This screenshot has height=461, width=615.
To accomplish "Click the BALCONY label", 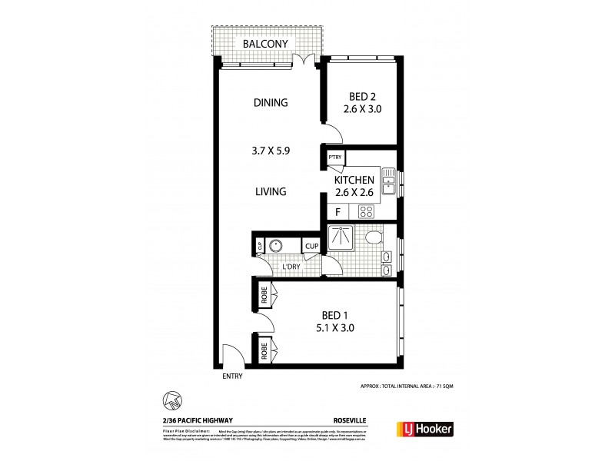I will [265, 44].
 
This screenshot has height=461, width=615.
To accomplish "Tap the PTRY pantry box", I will [334, 158].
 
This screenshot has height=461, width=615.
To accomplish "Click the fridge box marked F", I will [337, 213].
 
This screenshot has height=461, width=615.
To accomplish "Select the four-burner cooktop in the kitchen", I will [367, 213].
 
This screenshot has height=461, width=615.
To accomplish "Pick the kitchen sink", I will [388, 183].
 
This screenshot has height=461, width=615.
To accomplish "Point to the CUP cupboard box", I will [311, 246].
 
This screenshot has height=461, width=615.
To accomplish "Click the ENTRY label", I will [231, 376].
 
